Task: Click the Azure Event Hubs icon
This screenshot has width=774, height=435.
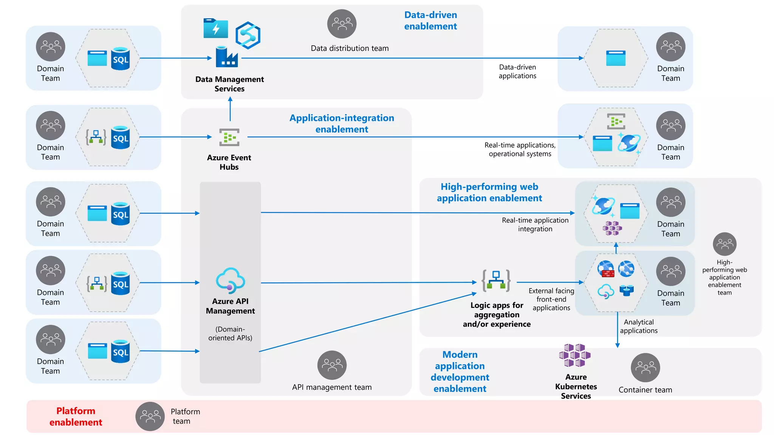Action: [229, 137]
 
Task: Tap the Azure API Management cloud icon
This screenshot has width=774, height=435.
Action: [230, 281]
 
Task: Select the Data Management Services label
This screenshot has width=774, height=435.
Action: [229, 84]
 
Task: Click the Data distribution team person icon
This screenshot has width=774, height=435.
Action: [342, 24]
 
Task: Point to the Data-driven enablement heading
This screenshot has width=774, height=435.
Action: [430, 20]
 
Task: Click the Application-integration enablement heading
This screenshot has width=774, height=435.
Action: [342, 123]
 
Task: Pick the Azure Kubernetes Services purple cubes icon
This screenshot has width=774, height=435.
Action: [575, 355]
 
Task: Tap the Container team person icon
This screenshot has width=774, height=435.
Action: [645, 367]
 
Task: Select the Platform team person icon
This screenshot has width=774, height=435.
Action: [150, 416]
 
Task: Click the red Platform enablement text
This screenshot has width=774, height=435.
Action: [76, 416]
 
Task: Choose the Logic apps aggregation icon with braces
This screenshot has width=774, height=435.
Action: [496, 281]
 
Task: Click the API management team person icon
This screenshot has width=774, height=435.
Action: [332, 365]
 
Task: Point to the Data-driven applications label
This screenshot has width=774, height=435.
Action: [517, 71]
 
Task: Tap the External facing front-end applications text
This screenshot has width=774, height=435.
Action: [551, 299]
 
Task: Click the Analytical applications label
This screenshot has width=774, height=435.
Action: [639, 326]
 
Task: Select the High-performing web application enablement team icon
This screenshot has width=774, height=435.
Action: [724, 244]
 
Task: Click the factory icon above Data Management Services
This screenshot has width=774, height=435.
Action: [227, 57]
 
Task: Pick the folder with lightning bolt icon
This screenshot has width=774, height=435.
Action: [215, 28]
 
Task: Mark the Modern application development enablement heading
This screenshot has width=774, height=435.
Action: [460, 371]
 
